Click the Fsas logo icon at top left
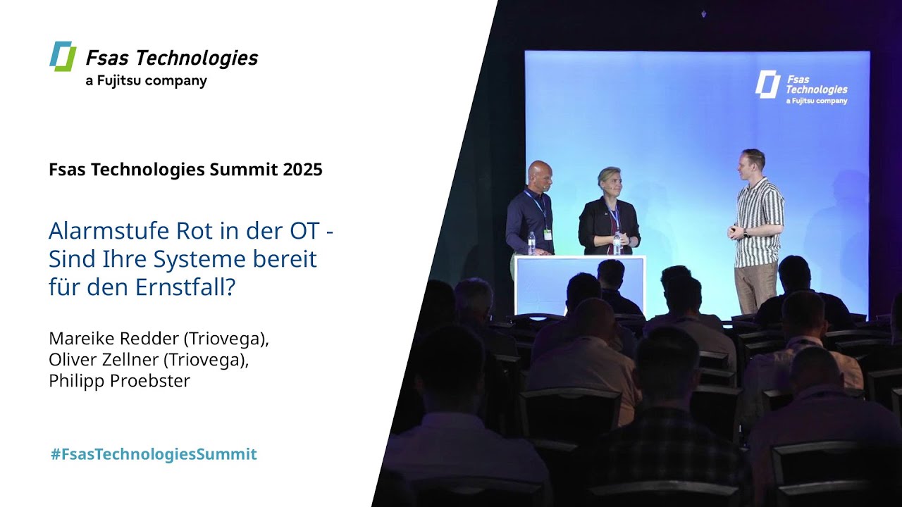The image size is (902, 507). pyautogui.click(x=63, y=56)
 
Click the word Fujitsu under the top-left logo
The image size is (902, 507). pyautogui.click(x=119, y=81)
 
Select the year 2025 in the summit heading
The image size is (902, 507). pyautogui.click(x=302, y=170)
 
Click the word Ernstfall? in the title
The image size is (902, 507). pyautogui.click(x=185, y=287)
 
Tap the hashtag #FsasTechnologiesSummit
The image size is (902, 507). pyautogui.click(x=154, y=454)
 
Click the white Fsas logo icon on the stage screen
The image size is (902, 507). pyautogui.click(x=767, y=84)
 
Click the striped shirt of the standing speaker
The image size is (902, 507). pyautogui.click(x=759, y=222)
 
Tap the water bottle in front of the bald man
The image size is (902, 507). pyautogui.click(x=532, y=243)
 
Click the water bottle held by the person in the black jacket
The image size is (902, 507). pyautogui.click(x=617, y=243)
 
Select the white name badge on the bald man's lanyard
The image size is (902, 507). pyautogui.click(x=548, y=234)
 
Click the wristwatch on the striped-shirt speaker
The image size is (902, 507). pyautogui.click(x=746, y=233)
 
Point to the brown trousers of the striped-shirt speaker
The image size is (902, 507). pyautogui.click(x=756, y=288)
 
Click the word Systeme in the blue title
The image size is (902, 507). pyautogui.click(x=199, y=259)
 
